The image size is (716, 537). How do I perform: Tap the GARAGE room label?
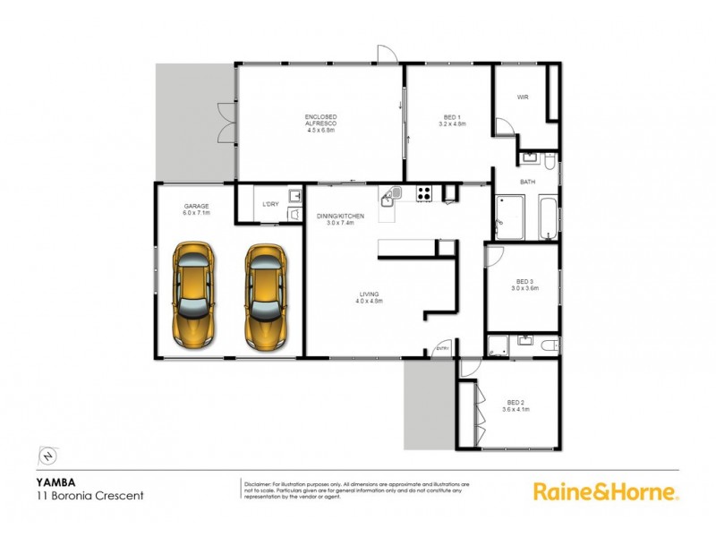coord(196,206)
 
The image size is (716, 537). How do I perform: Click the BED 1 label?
coord(453,117)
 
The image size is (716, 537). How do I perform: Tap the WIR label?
coord(524,98)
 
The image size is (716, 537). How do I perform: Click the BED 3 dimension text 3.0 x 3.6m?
coord(524,288)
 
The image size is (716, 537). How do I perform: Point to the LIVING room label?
coord(370,294)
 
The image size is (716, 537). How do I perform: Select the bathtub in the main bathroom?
coord(543,219)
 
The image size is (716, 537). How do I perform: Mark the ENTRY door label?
coord(442,348)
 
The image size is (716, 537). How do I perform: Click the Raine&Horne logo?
coord(606,490)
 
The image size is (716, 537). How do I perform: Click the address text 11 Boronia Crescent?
coord(80,494)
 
